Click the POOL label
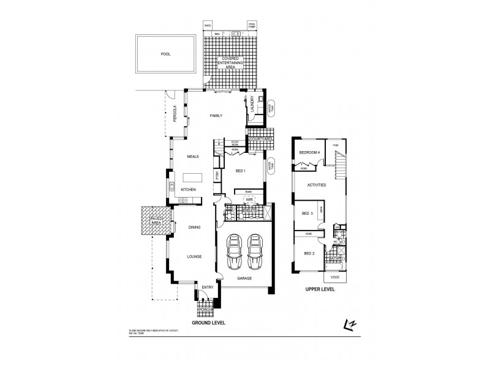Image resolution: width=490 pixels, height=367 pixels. [165, 54]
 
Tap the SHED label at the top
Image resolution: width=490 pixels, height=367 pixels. [208, 26]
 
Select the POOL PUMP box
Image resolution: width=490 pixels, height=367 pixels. [252, 25]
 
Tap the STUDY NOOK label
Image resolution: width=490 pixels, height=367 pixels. [235, 143]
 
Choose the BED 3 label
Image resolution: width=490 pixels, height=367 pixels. [307, 213]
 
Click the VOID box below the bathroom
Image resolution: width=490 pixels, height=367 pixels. [334, 276]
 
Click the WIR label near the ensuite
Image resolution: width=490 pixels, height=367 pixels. [249, 199]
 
